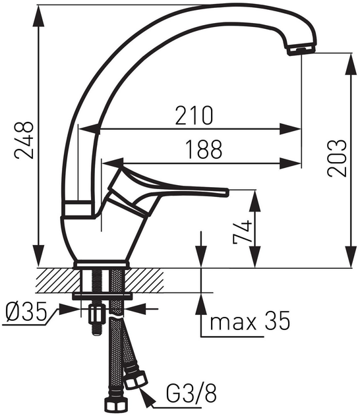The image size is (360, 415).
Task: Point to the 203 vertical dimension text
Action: click(x=338, y=158)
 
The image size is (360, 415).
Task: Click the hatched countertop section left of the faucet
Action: click(x=56, y=279)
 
